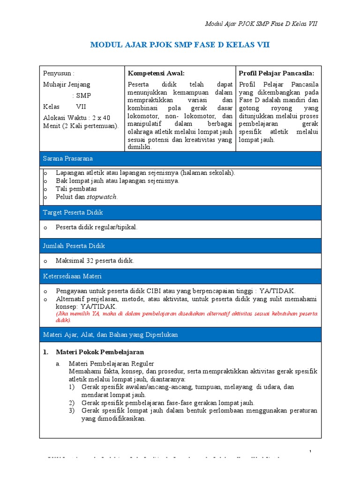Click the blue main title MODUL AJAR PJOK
(180, 45)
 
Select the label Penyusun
(59, 73)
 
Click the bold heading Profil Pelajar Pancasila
(277, 73)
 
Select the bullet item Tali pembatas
(76, 189)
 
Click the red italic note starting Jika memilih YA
(186, 317)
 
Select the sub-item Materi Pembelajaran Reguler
(111, 363)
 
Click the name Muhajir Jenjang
(67, 84)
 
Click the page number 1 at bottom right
(310, 451)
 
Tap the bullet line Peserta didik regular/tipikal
(96, 227)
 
